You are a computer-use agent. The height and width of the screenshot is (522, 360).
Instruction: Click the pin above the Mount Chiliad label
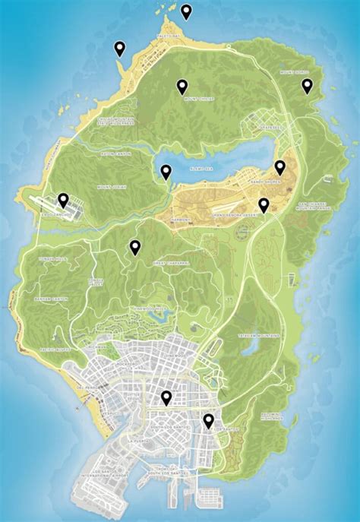(x=182, y=87)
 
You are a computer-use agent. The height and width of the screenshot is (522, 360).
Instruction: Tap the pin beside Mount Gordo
(x=308, y=85)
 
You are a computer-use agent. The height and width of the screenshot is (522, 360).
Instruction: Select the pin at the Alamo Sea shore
(x=166, y=172)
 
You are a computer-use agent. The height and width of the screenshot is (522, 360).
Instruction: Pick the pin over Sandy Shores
(x=279, y=167)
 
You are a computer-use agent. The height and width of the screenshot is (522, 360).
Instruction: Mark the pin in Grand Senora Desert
(x=264, y=205)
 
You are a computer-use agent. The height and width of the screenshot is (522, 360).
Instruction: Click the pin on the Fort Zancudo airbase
(x=64, y=201)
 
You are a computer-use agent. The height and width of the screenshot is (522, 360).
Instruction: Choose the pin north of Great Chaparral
(x=135, y=247)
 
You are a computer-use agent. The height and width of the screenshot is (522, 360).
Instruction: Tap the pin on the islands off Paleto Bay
(x=186, y=11)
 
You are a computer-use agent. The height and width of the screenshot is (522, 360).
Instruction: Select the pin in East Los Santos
(x=208, y=420)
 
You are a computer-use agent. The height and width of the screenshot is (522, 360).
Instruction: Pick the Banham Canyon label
(x=50, y=299)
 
